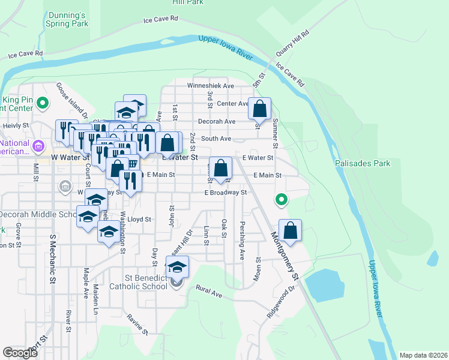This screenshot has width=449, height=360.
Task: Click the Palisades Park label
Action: tap(364, 163)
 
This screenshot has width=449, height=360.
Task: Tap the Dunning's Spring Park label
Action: tap(67, 18)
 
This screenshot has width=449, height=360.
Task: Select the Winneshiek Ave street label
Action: tap(210, 86)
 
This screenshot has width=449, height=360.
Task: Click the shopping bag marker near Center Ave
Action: tap(259, 110)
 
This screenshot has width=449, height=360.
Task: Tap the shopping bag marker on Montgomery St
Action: tap(290, 231)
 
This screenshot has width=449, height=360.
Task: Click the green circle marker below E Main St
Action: tap(280, 200)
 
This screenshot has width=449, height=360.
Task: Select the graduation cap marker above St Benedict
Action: tap(177, 267)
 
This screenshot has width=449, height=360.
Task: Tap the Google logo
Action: tap(20, 353)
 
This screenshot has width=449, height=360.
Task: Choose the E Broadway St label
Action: tap(226, 193)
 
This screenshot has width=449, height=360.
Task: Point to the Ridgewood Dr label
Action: tap(282, 302)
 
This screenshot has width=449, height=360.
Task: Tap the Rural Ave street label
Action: tap(209, 291)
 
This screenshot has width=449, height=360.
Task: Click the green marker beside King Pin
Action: tap(42, 104)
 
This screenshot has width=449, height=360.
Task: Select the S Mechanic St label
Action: tap(52, 258)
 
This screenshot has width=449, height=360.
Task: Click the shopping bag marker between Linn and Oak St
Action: tap(221, 169)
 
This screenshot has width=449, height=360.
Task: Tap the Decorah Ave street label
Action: tap(217, 121)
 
